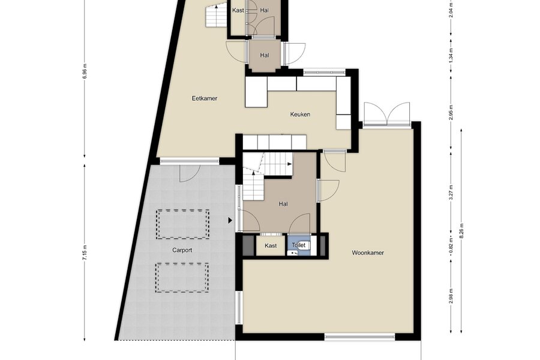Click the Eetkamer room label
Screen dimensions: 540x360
(205, 98)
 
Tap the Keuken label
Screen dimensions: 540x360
(300, 115)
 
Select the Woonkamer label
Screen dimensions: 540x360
(368, 253)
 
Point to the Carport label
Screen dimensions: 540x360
(182, 250)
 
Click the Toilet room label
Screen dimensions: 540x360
(299, 245)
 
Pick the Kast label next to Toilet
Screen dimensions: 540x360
(271, 245)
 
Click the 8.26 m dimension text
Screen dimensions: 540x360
(461, 231)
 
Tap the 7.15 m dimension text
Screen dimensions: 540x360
(85, 253)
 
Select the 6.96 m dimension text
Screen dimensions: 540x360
(85, 71)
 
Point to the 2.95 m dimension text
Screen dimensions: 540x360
(451, 112)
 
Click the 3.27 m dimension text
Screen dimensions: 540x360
(451, 193)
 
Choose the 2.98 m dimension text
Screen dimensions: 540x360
(451, 296)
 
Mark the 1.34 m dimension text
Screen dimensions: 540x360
(451, 55)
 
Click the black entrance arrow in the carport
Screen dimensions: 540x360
(230, 220)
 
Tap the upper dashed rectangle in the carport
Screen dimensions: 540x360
(182, 224)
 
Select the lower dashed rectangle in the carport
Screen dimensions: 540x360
(182, 278)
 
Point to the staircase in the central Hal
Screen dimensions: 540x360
(268, 176)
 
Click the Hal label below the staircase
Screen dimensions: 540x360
(283, 204)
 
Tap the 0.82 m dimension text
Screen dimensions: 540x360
(451, 245)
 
